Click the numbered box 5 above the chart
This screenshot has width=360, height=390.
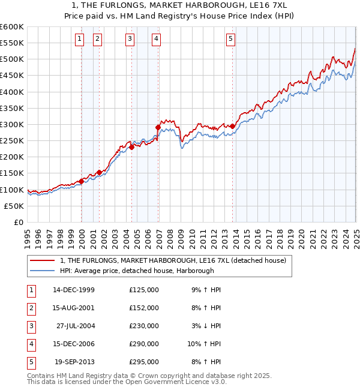click(230, 40)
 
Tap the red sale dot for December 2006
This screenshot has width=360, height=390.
click(158, 127)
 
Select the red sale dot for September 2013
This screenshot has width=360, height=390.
click(232, 126)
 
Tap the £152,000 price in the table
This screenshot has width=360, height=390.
click(144, 308)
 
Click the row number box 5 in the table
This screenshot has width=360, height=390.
click(30, 362)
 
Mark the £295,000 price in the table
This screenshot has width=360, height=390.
click(144, 362)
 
